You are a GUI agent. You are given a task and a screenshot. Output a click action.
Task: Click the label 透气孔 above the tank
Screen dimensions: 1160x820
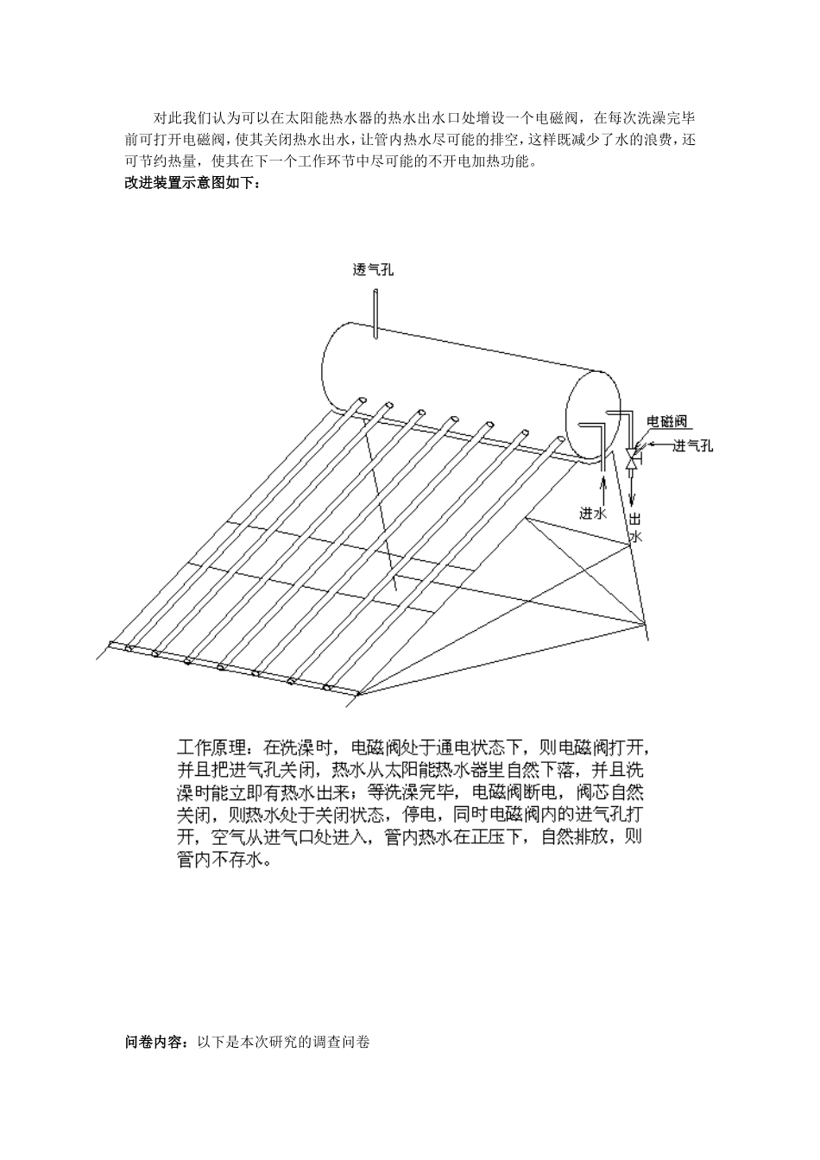point(373,270)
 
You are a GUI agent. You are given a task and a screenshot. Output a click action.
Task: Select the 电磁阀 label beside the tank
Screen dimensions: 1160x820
point(667,421)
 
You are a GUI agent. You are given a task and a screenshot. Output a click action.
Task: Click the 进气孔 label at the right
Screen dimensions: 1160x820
point(693,445)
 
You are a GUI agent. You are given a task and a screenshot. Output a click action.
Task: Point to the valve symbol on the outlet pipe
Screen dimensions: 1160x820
point(632,457)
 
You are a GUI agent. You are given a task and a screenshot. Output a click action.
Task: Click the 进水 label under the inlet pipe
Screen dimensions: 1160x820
point(594,513)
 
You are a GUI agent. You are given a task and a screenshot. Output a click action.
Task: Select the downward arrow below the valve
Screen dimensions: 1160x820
point(632,492)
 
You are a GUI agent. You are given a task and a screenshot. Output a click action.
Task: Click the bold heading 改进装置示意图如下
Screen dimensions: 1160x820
point(192,184)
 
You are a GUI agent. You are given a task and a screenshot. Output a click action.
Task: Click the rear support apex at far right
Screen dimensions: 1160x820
point(646,623)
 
